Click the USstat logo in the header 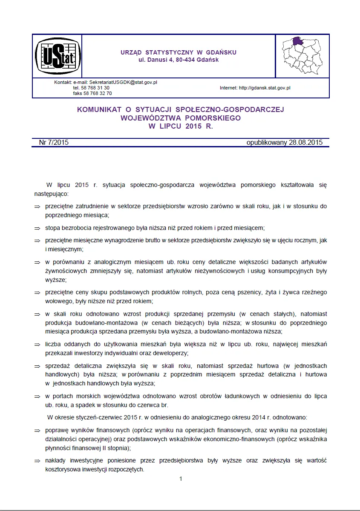(x=58, y=55)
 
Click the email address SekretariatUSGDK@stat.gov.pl (x=121, y=82)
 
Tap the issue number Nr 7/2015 (x=53, y=143)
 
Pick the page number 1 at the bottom (x=181, y=479)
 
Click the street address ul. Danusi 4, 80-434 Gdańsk (x=179, y=60)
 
